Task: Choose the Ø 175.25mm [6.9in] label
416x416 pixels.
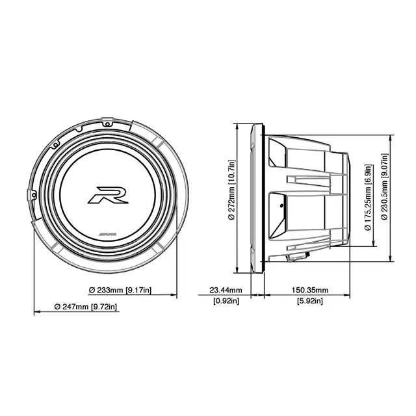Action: [x=368, y=195]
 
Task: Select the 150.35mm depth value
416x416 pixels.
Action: [x=309, y=290]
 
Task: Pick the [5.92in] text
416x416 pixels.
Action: [x=309, y=300]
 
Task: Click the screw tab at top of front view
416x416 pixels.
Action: [x=113, y=120]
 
